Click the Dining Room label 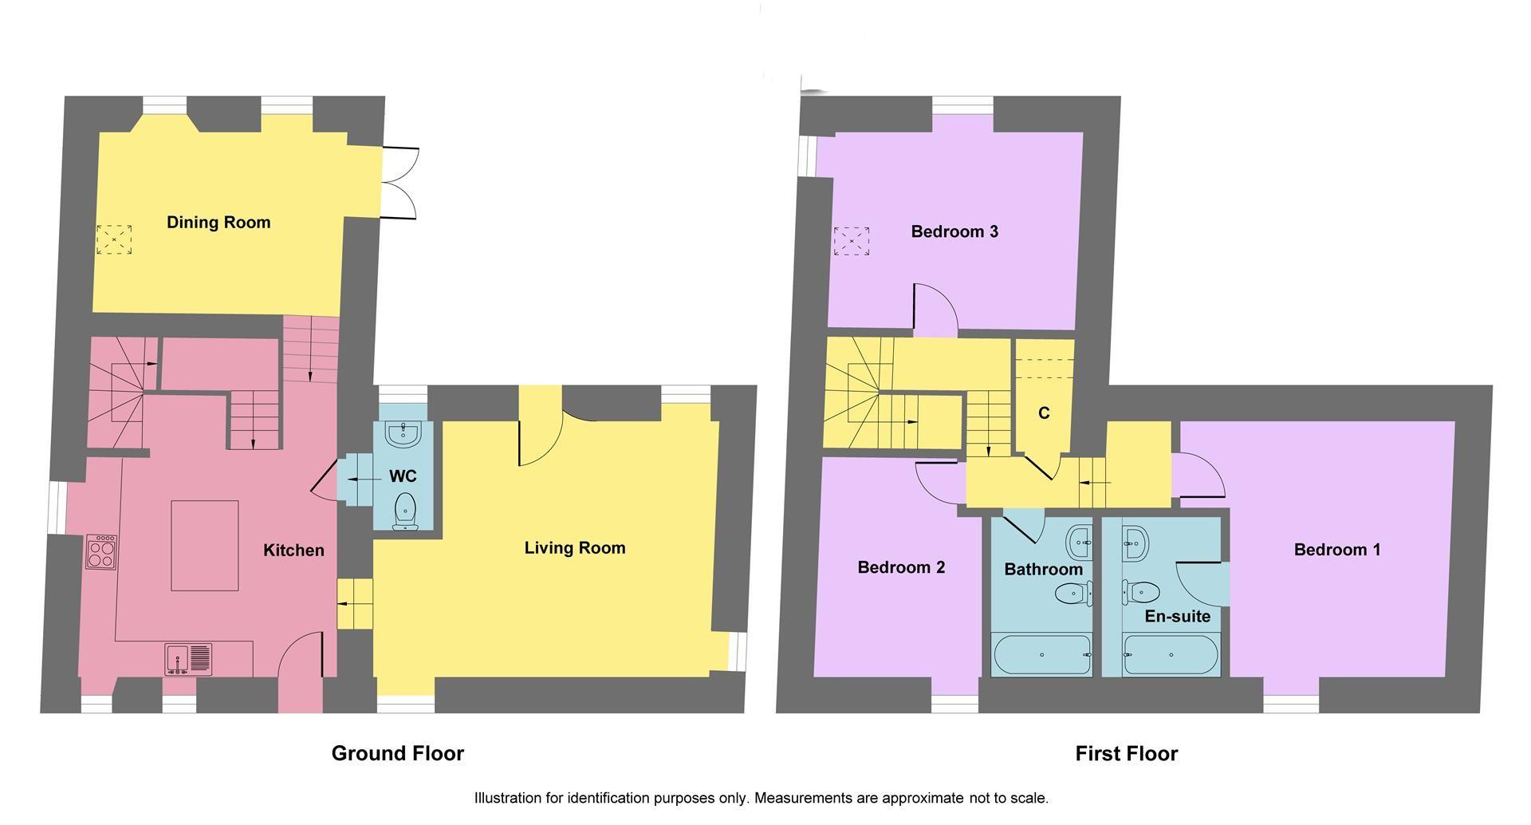click(218, 223)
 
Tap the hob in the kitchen click(101, 551)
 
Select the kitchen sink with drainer click(189, 659)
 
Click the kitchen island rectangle click(205, 546)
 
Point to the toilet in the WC click(406, 509)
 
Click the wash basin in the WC click(403, 434)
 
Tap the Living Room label click(574, 548)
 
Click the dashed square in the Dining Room click(114, 239)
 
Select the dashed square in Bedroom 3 click(851, 241)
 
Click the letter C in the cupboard click(1044, 413)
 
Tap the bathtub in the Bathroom click(1042, 654)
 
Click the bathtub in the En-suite click(1170, 654)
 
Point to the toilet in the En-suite click(1142, 592)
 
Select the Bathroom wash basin click(1080, 542)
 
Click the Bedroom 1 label click(1337, 550)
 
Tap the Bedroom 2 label click(901, 567)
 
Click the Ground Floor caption click(397, 753)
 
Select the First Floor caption click(1126, 753)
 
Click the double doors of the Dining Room click(399, 184)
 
